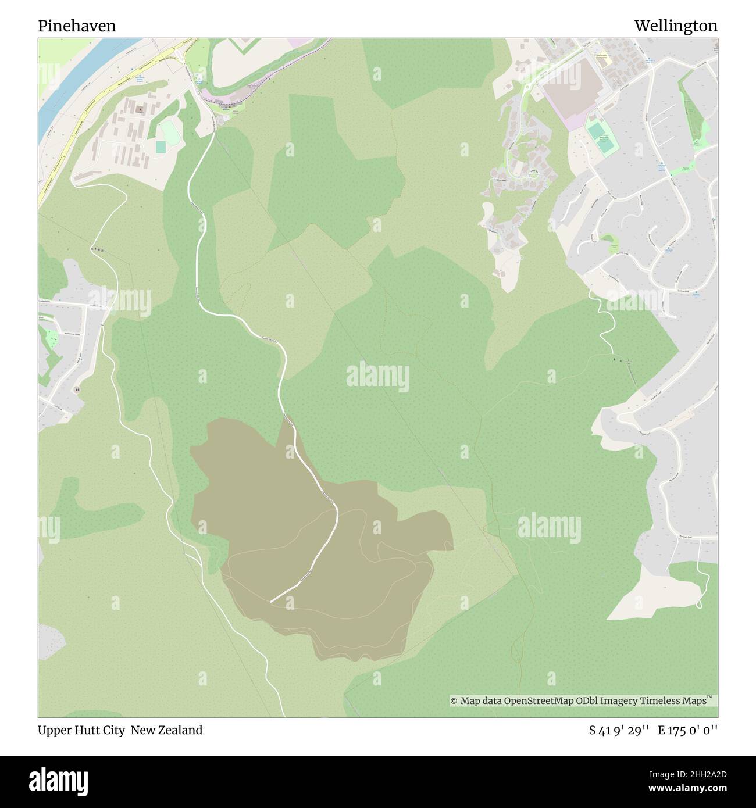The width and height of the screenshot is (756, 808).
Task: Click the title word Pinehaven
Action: click(77, 26)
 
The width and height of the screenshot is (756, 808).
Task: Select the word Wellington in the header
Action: click(676, 26)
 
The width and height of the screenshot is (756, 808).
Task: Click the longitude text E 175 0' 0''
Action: click(688, 730)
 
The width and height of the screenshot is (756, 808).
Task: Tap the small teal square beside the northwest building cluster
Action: click(160, 147)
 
